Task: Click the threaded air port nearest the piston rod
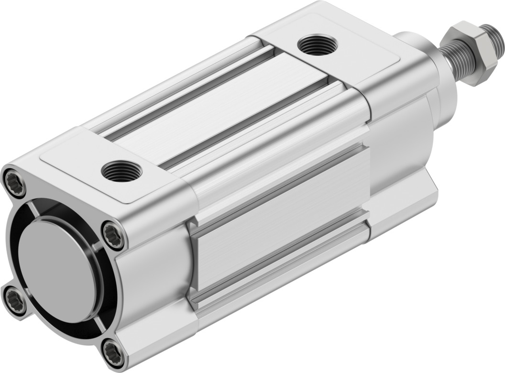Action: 317,45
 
